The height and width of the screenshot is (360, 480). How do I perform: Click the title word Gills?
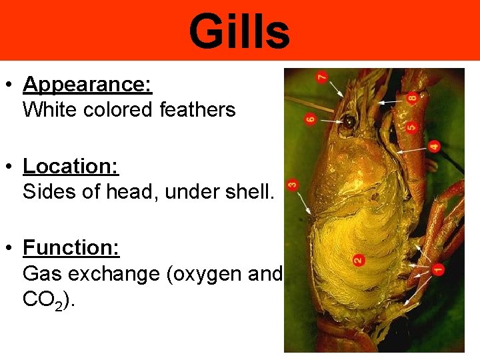[239, 32]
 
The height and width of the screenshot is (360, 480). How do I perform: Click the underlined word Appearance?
[87, 85]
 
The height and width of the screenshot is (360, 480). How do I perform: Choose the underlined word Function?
[71, 248]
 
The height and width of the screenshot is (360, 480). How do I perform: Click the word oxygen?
[211, 273]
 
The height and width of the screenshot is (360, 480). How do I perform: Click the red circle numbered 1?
[438, 269]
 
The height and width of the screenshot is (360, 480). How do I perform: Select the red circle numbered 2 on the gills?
[357, 259]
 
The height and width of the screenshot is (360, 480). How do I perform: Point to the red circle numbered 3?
[292, 184]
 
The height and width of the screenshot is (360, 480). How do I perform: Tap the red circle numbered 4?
[434, 145]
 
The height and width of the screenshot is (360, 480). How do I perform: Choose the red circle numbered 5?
[412, 123]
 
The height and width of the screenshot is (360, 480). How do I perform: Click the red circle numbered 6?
[311, 120]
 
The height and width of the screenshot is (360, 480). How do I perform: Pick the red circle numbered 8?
[412, 98]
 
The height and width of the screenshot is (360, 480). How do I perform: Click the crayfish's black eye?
[349, 122]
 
